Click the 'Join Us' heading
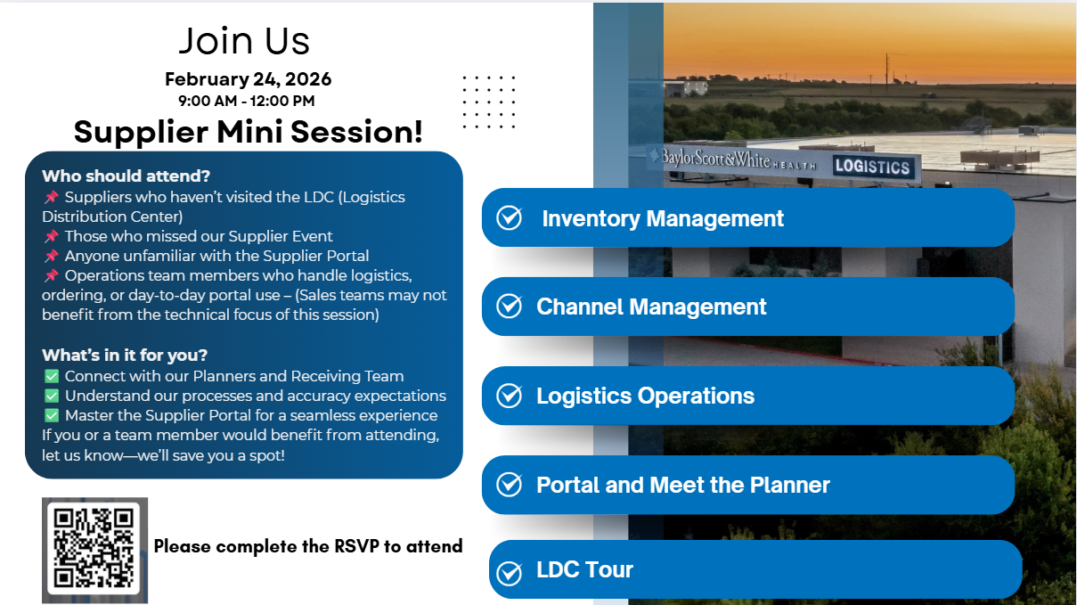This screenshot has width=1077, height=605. pyautogui.click(x=244, y=41)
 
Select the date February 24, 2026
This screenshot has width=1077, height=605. pyautogui.click(x=248, y=79)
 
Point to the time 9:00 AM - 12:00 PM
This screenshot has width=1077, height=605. pyautogui.click(x=247, y=101)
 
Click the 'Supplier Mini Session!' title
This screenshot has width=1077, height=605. pyautogui.click(x=248, y=132)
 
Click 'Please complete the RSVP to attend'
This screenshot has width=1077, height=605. pyautogui.click(x=308, y=546)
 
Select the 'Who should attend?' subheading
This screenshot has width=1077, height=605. pyautogui.click(x=126, y=176)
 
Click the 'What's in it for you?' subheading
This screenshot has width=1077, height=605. pyautogui.click(x=125, y=356)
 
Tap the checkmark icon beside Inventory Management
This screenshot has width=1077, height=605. pyautogui.click(x=509, y=217)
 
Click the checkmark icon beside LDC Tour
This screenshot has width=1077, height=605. pyautogui.click(x=509, y=572)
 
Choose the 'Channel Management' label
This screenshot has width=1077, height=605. pyautogui.click(x=651, y=307)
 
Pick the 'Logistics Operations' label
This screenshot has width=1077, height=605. pyautogui.click(x=645, y=396)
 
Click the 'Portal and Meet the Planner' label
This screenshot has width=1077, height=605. pyautogui.click(x=682, y=485)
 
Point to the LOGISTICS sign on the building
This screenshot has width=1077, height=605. pyautogui.click(x=872, y=167)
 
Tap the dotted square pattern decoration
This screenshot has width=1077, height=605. pyautogui.click(x=489, y=102)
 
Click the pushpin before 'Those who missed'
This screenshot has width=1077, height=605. pyautogui.click(x=51, y=236)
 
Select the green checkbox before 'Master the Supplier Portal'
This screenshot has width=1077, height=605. pyautogui.click(x=51, y=415)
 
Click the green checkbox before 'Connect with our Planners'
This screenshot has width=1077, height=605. pyautogui.click(x=51, y=376)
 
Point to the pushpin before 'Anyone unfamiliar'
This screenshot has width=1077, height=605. pyautogui.click(x=51, y=256)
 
